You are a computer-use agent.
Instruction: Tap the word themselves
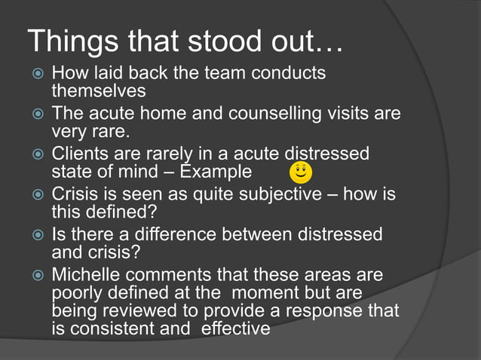point(98,91)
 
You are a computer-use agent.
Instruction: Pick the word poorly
point(77,293)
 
